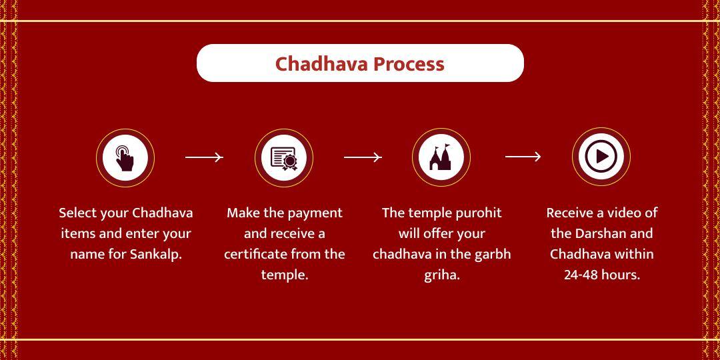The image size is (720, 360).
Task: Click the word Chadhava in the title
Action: click(321, 64)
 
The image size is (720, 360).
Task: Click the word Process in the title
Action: click(409, 64)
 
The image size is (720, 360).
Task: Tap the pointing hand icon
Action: click(125, 158)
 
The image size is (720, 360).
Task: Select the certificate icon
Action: click(284, 158)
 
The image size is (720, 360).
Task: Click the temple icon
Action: click(441, 158)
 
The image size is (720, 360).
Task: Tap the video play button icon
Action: click(601, 157)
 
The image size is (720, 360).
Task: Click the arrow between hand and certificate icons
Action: click(204, 157)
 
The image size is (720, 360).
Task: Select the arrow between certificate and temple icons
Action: click(363, 157)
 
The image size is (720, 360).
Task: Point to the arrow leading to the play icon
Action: click(523, 157)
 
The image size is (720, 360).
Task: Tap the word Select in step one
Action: click(77, 213)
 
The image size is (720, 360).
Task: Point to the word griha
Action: click(442, 275)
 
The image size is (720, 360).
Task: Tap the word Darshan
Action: click(601, 233)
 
